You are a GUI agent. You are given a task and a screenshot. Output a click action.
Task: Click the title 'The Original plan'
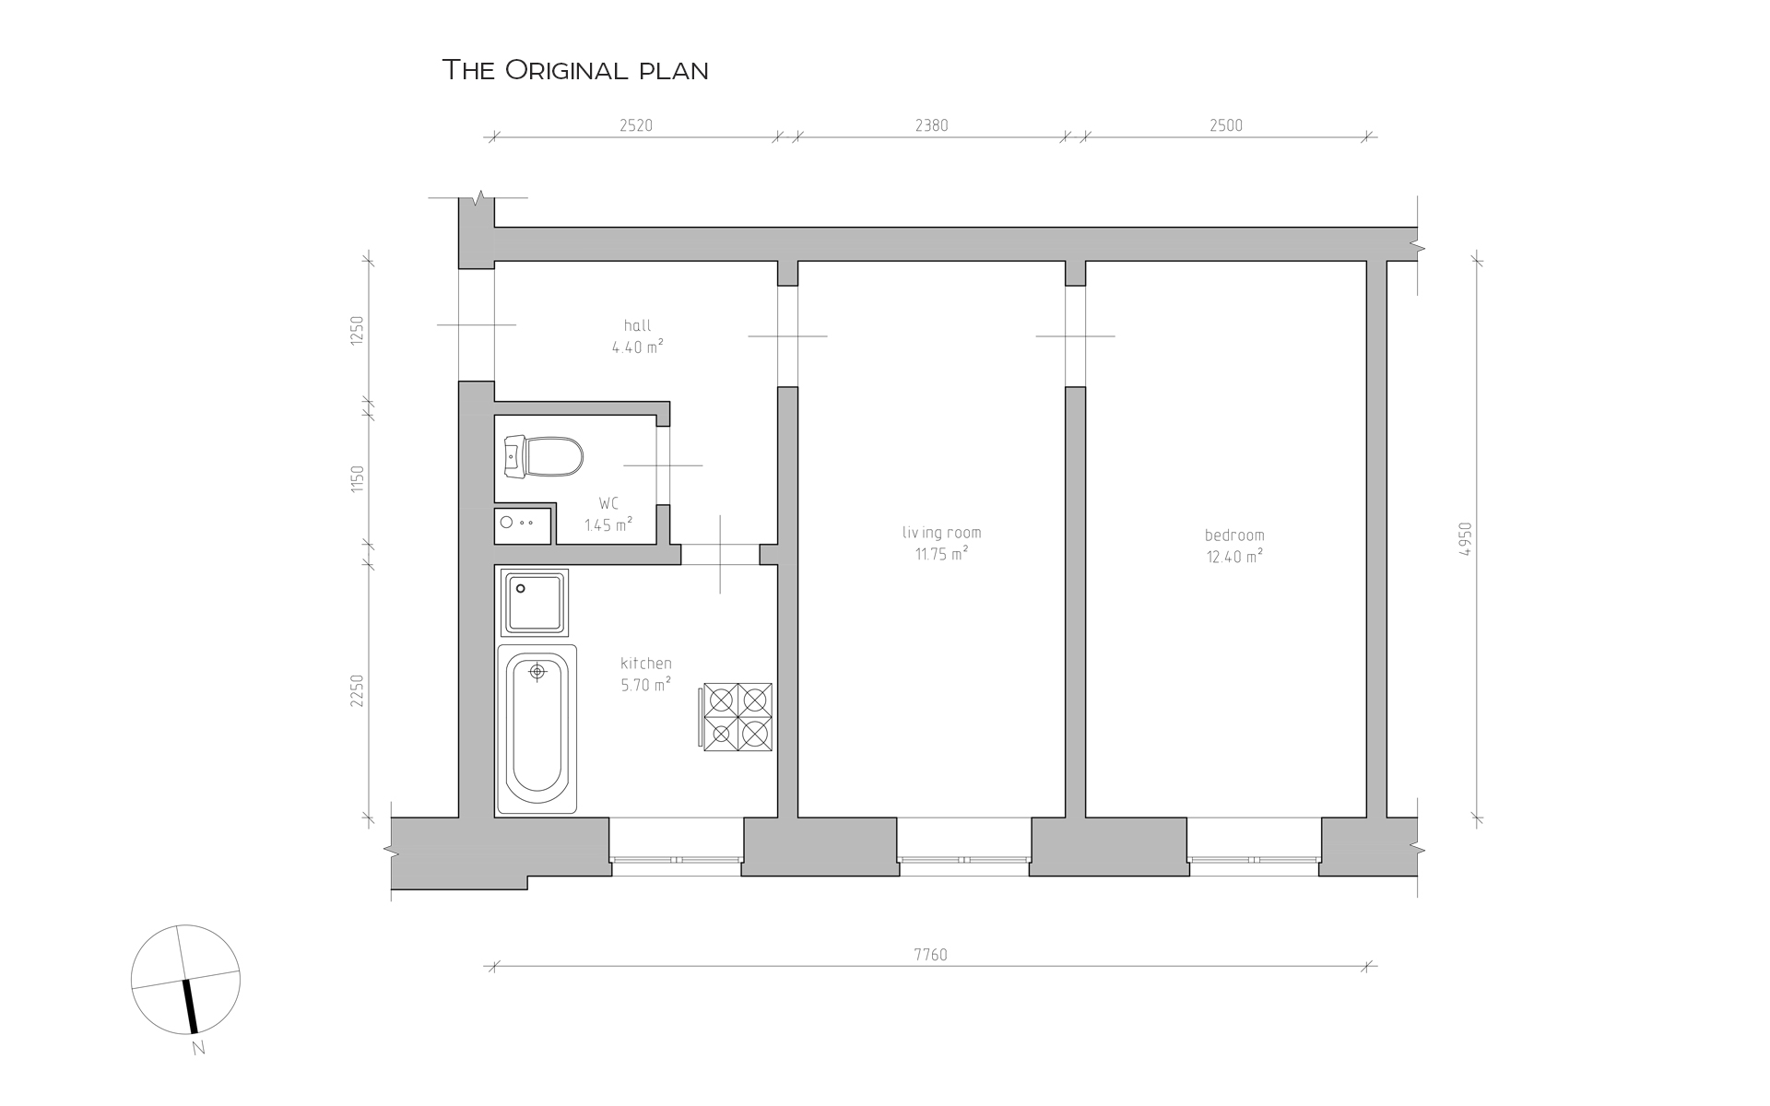point(575,70)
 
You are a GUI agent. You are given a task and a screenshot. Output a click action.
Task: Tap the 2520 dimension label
point(636,125)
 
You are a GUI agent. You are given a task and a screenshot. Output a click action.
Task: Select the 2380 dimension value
point(931,125)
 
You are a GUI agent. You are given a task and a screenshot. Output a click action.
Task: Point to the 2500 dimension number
point(1226,125)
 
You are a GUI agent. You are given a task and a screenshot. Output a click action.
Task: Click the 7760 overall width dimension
point(931,955)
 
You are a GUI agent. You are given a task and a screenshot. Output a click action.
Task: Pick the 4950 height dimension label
point(1466,539)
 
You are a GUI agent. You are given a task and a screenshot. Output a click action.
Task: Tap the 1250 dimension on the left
point(358,330)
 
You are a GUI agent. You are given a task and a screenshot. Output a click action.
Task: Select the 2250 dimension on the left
point(358,690)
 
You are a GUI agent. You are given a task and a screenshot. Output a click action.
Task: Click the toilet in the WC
point(544,457)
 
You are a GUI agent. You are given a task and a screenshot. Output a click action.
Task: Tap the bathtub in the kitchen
point(537,729)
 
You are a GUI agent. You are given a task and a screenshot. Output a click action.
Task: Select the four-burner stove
point(737,717)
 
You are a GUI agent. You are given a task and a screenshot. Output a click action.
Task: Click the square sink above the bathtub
point(535,603)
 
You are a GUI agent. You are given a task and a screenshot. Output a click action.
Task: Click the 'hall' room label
point(637,325)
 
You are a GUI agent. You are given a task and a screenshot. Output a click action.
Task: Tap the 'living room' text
point(941,533)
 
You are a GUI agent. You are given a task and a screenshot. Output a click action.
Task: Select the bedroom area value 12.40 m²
point(1234,557)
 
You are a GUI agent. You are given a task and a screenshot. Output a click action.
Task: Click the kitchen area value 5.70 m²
point(645,685)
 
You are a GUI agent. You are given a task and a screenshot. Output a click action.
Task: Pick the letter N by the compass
point(198,1048)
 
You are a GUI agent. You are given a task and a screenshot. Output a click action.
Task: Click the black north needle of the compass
point(190,1006)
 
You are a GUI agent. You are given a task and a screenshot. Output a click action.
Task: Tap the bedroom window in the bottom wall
point(1254,859)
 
